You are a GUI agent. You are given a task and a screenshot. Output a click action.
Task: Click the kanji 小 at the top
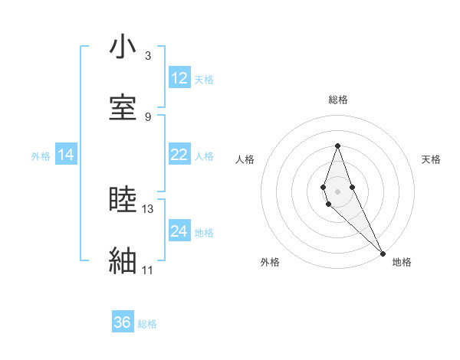pyautogui.click(x=123, y=48)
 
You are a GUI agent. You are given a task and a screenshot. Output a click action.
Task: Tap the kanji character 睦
pyautogui.click(x=123, y=201)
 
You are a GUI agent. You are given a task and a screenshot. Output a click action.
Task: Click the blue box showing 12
pyautogui.click(x=179, y=78)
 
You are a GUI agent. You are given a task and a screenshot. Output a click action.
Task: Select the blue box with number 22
pyautogui.click(x=179, y=155)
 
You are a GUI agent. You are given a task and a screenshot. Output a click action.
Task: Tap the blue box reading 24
pyautogui.click(x=179, y=231)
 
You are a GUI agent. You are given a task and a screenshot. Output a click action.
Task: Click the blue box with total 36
pyautogui.click(x=123, y=322)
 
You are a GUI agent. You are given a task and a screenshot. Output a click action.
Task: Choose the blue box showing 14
pyautogui.click(x=66, y=155)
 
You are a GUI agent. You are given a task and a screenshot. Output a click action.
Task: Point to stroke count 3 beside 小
pyautogui.click(x=148, y=56)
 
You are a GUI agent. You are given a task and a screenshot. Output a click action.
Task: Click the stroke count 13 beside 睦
pyautogui.click(x=148, y=208)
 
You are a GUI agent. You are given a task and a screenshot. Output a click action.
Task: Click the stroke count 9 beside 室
pyautogui.click(x=148, y=117)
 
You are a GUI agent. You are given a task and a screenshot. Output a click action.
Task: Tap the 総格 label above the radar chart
pyautogui.click(x=338, y=100)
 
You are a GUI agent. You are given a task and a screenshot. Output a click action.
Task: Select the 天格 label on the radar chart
pyautogui.click(x=431, y=159)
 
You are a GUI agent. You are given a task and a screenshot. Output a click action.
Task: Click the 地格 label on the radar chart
pyautogui.click(x=402, y=262)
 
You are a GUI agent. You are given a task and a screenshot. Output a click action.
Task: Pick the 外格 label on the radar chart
pyautogui.click(x=271, y=262)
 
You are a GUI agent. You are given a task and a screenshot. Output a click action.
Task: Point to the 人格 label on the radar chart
pyautogui.click(x=245, y=159)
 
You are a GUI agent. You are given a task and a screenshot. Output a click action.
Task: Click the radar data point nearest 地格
pyautogui.click(x=383, y=252)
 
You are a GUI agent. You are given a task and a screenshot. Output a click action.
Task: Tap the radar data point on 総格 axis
pyautogui.click(x=337, y=146)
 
